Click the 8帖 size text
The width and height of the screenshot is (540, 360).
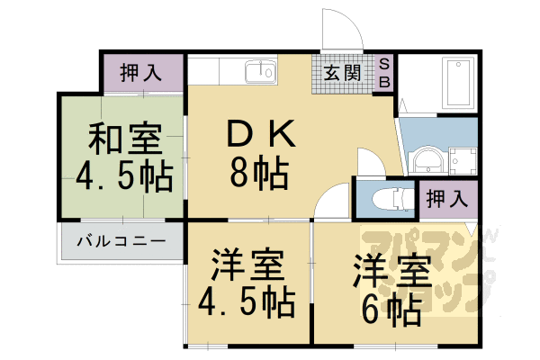click(x=258, y=171)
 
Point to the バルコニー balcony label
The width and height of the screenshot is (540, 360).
click(x=120, y=241)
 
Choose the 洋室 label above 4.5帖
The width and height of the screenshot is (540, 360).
click(x=250, y=267)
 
